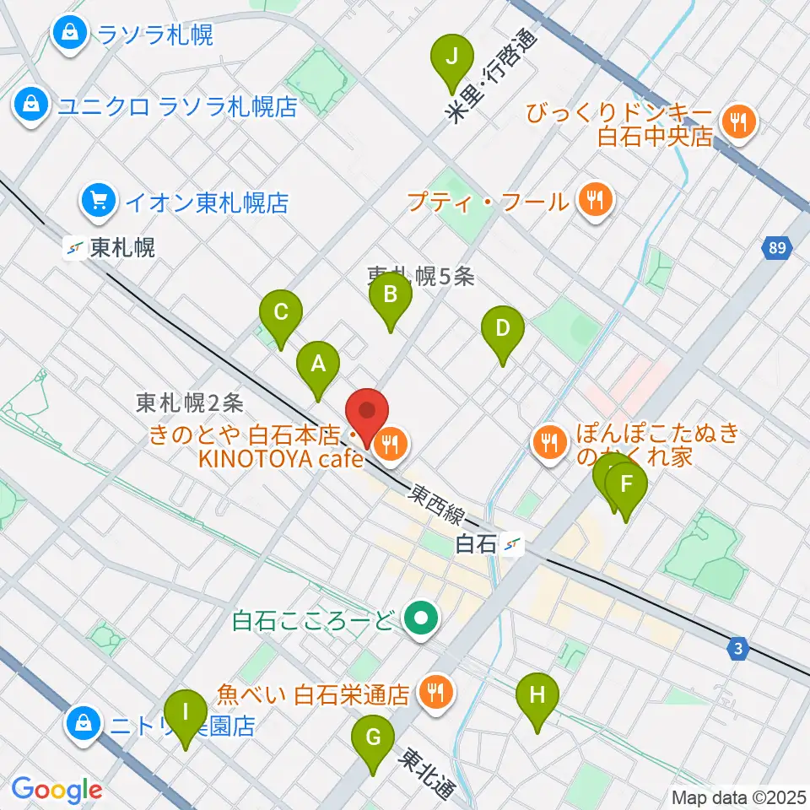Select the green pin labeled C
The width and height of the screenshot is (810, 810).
pos(281,313)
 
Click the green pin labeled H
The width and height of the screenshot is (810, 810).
pos(537,697)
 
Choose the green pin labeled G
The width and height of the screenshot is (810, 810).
pos(372,739)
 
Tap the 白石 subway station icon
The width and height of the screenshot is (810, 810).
pos(511,545)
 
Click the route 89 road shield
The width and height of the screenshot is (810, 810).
pos(776,248)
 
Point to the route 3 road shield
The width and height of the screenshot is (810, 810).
pos(738,648)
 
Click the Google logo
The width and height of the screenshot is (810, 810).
pos(57,790)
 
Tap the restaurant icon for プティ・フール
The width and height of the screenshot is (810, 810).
pos(596,200)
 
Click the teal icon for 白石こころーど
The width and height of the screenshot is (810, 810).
pos(418,621)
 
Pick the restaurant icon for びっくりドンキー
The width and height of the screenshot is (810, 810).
pos(740,124)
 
